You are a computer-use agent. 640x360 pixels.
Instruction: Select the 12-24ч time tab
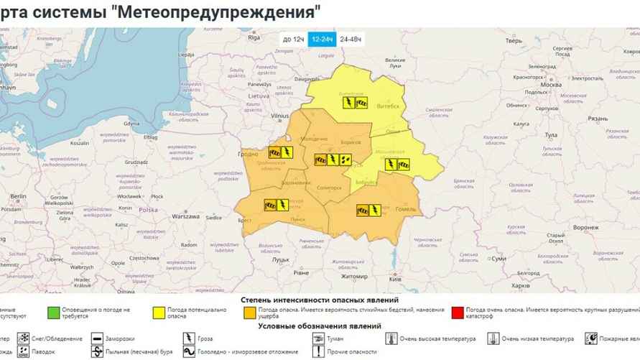click(x=322, y=39)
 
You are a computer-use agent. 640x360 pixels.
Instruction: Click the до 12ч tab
click(x=293, y=39)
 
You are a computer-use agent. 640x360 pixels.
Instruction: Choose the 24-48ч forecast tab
click(x=351, y=39)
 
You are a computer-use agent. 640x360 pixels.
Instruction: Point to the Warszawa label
click(x=186, y=216)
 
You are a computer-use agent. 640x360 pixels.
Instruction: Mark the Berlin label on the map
click(x=17, y=196)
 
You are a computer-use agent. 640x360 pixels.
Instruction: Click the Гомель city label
click(x=406, y=209)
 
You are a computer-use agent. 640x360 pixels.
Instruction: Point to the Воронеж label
click(x=585, y=227)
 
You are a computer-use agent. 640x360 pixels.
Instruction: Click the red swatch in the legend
click(x=458, y=312)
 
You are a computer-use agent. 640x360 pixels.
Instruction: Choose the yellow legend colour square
click(x=156, y=312)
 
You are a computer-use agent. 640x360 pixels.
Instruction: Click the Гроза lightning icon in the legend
click(x=190, y=338)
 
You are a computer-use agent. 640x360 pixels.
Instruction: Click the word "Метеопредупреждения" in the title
click(x=222, y=11)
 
